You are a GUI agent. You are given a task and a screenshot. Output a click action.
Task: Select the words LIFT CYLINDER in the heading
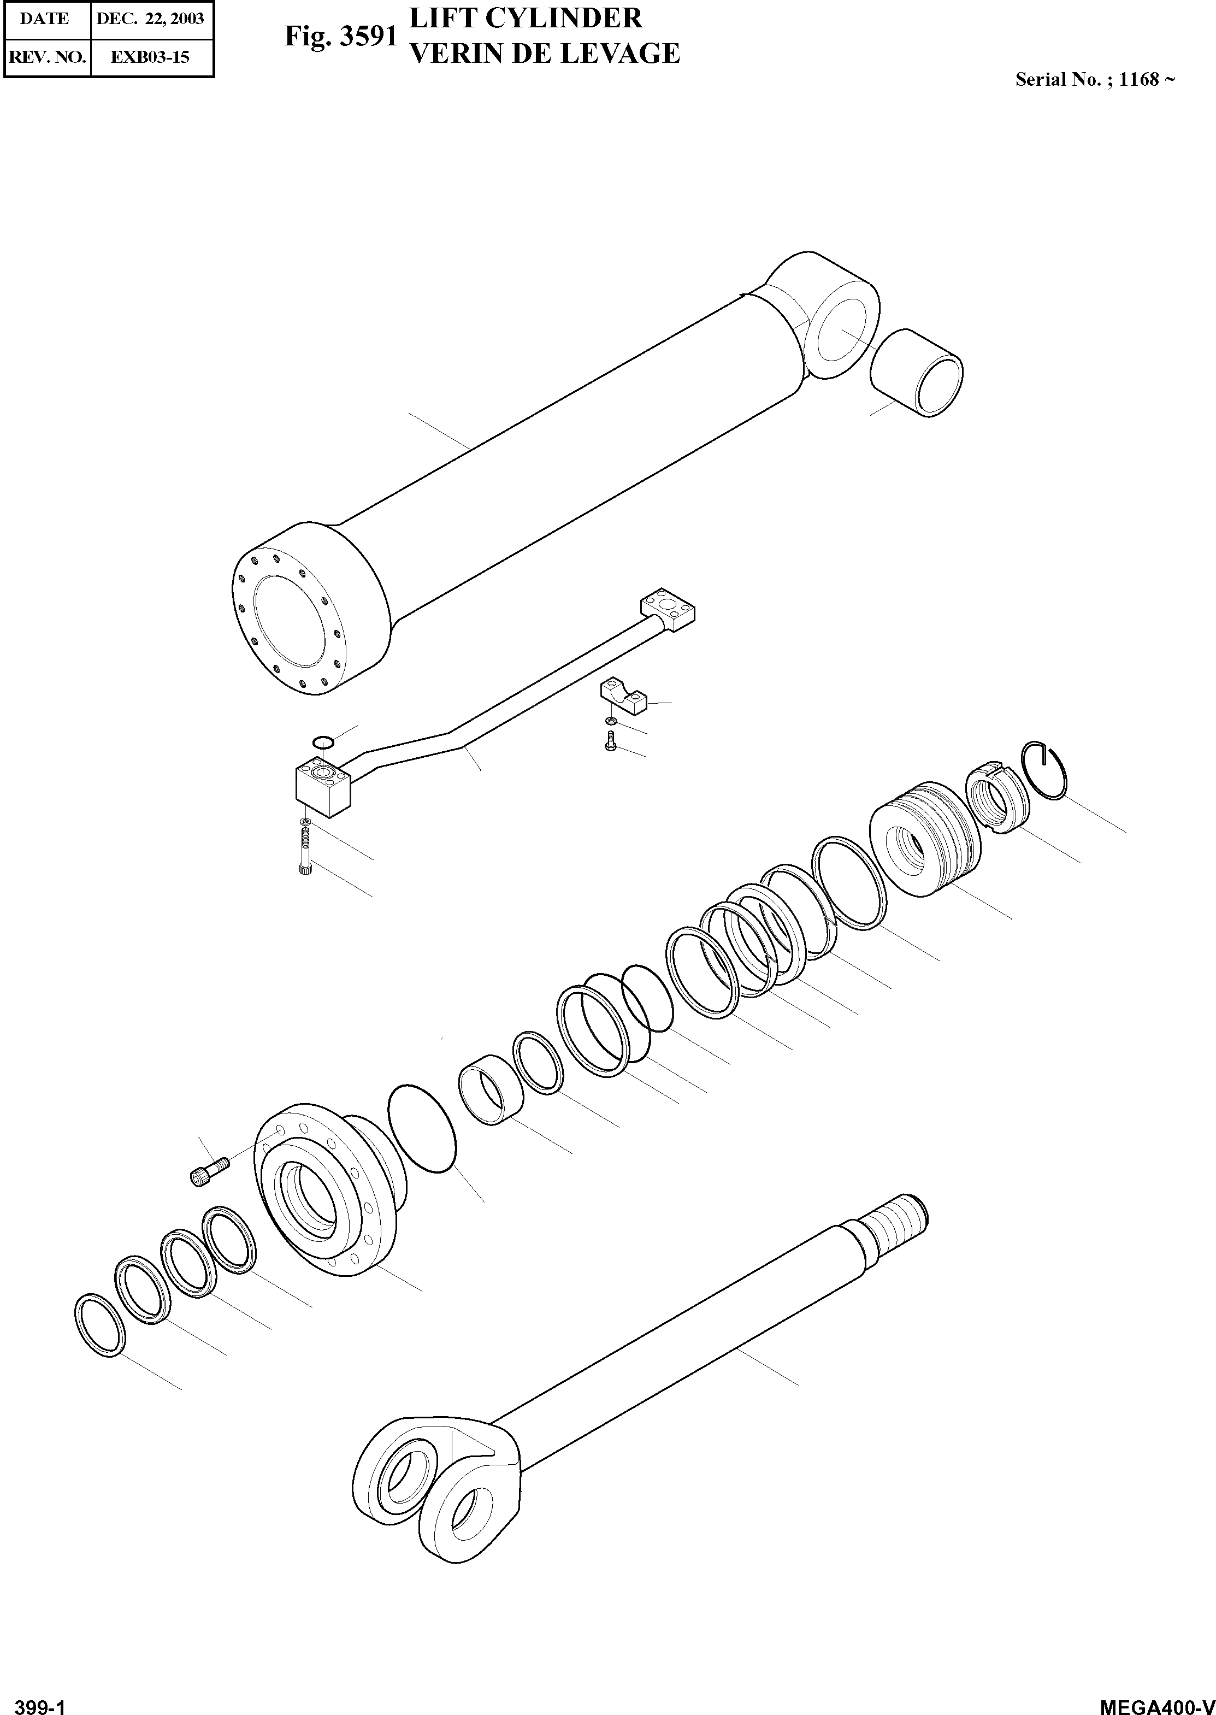(526, 18)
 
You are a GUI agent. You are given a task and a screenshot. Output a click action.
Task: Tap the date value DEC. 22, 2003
(151, 19)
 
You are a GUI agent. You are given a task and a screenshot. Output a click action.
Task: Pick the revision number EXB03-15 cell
(151, 57)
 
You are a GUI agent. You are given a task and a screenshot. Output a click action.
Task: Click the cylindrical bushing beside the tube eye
(917, 372)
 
